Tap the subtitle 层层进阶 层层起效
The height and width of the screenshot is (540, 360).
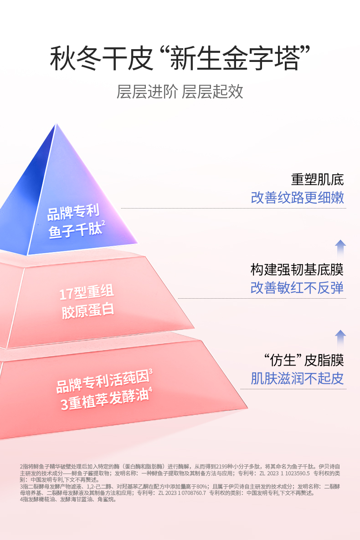(x=180, y=92)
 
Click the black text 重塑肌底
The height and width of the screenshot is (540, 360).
(x=317, y=179)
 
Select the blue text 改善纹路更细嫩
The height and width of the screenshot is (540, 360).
(x=297, y=198)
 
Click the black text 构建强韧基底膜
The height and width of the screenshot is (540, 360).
(x=297, y=270)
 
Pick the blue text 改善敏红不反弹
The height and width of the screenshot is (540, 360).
(x=297, y=288)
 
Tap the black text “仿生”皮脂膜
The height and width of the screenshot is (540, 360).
(x=303, y=360)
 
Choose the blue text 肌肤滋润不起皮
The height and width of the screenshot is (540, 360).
(x=297, y=378)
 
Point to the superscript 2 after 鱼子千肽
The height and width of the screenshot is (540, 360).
(x=103, y=223)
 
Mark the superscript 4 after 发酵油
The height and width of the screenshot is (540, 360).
(x=150, y=390)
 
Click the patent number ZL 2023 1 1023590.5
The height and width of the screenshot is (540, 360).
(x=285, y=473)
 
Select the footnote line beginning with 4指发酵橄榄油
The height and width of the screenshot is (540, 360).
(x=68, y=499)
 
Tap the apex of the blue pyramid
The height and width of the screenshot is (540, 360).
(x=57, y=124)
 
